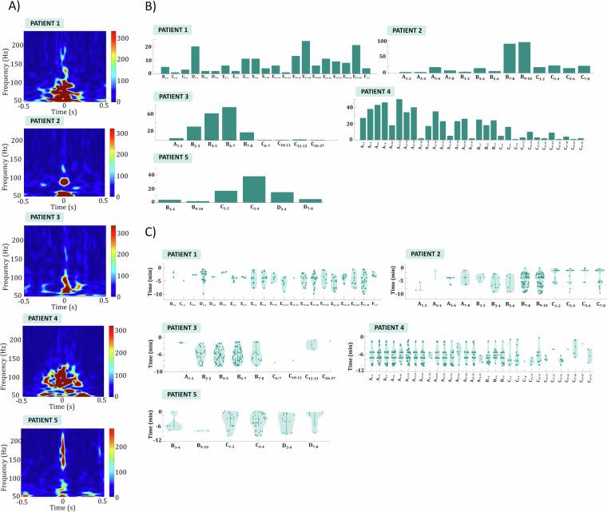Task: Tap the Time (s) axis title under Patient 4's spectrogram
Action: click(65, 405)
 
